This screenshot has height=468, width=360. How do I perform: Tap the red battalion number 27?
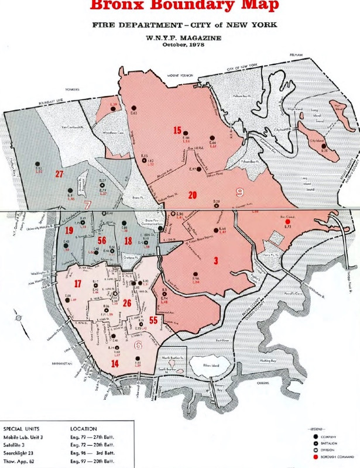(x=59, y=174)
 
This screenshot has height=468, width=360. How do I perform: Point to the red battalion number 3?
(x=216, y=260)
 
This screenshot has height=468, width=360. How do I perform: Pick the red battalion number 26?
(x=143, y=302)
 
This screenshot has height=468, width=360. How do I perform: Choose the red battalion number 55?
(x=154, y=320)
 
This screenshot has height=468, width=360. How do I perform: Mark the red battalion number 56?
(x=102, y=241)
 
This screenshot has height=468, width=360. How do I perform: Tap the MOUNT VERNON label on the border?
(x=180, y=76)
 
